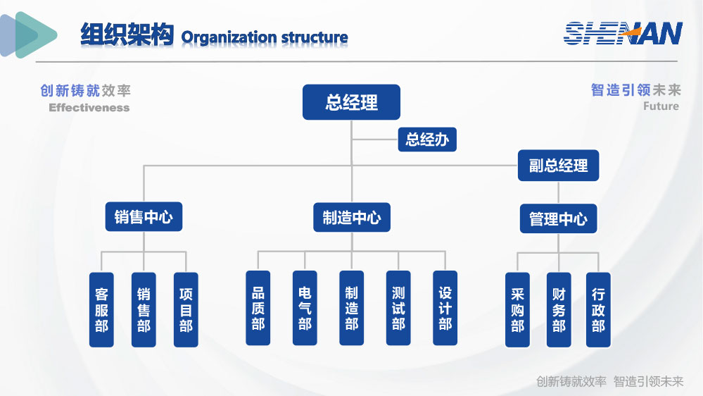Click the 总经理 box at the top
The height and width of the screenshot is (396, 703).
click(x=351, y=102)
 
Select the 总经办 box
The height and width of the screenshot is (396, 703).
click(x=427, y=140)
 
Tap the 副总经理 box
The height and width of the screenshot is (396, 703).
click(x=558, y=165)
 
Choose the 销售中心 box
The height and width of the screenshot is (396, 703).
click(x=144, y=216)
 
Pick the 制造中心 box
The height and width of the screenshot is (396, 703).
click(x=352, y=217)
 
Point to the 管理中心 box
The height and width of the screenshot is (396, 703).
click(x=558, y=218)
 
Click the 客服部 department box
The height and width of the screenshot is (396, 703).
click(x=101, y=310)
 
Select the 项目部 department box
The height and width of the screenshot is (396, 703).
click(x=186, y=310)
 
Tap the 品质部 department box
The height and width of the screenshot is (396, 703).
click(x=258, y=308)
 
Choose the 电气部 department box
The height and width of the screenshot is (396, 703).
click(x=305, y=308)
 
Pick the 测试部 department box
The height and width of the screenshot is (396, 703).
click(x=398, y=308)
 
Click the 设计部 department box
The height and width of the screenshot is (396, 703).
click(x=445, y=308)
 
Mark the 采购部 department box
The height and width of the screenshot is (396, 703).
click(x=517, y=310)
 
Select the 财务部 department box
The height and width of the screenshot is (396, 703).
click(x=559, y=310)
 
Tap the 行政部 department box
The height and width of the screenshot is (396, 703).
click(x=598, y=310)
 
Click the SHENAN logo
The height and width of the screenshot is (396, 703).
click(x=623, y=33)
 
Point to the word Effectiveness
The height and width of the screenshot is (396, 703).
click(x=89, y=108)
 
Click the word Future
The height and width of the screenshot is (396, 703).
click(x=661, y=106)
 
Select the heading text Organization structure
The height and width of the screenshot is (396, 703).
click(x=265, y=37)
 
